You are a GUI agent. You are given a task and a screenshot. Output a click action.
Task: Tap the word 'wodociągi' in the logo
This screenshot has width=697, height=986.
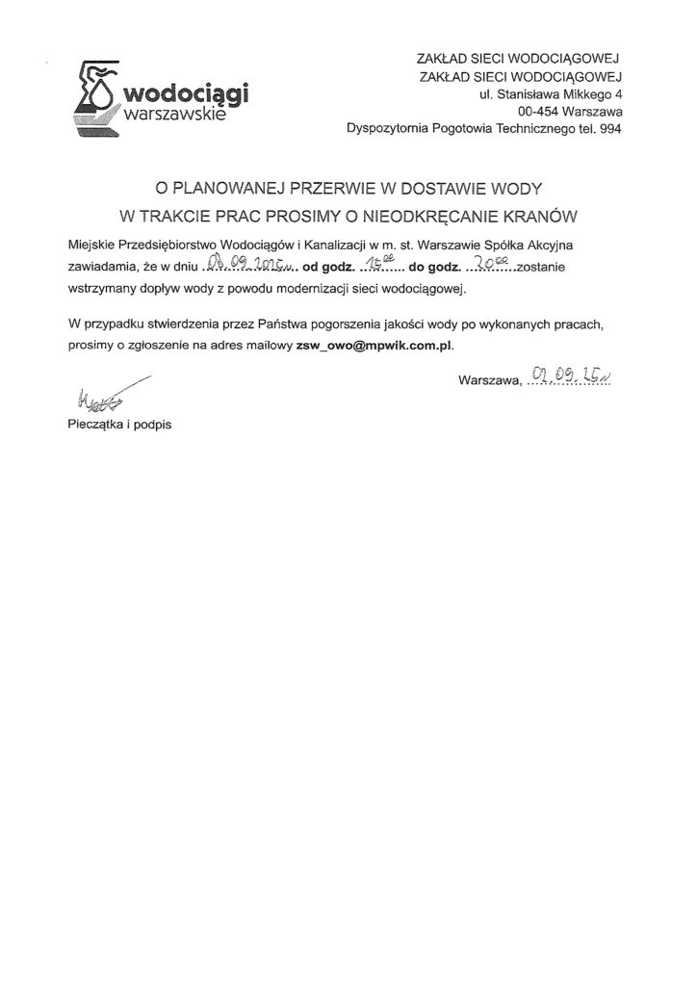(181, 94)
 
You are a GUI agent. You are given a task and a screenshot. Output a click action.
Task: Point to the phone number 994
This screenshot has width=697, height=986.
(612, 130)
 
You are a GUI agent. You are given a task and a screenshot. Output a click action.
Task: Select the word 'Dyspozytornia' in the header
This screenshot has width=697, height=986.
(383, 130)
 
